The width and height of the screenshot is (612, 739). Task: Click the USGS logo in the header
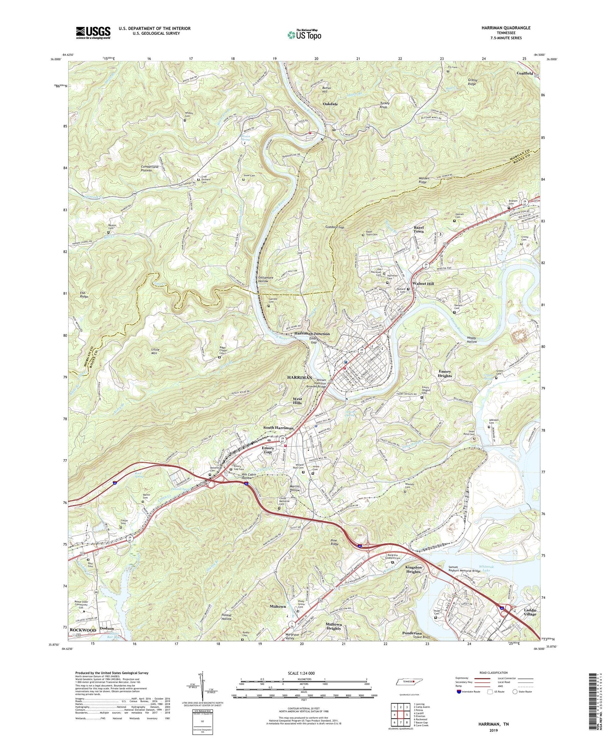[x=93, y=33]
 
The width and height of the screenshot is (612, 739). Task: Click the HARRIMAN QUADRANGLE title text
[x=506, y=28]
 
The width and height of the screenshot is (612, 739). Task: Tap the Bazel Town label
[x=418, y=229]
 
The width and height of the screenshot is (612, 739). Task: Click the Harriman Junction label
[x=312, y=334]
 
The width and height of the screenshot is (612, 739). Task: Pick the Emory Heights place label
[x=445, y=373]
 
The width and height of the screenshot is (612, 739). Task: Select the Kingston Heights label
[x=413, y=569]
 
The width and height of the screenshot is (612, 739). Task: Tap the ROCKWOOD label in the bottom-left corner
[x=83, y=630]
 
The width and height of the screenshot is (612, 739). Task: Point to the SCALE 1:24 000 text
[x=304, y=673]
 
